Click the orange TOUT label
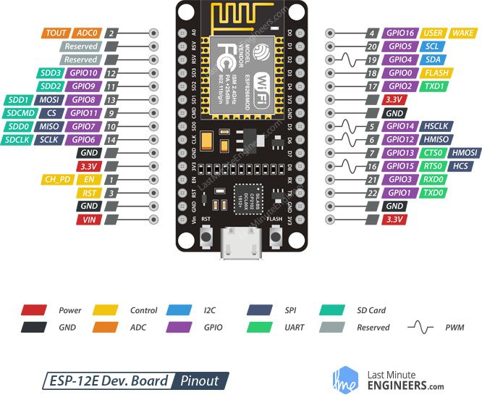[56, 33]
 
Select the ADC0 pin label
[86, 33]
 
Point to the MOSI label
[50, 99]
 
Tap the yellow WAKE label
[462, 33]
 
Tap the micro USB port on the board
[241, 239]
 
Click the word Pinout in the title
[200, 381]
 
